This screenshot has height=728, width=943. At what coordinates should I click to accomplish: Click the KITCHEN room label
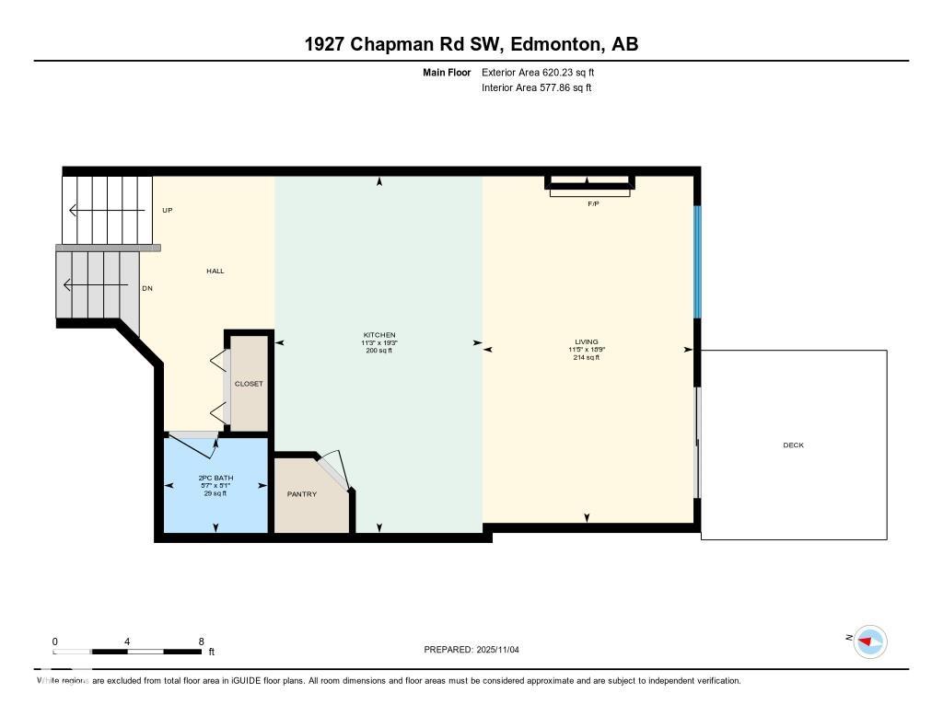click(x=379, y=335)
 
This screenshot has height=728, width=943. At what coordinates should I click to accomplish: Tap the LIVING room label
click(x=586, y=341)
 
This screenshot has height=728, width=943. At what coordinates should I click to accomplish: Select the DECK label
click(x=793, y=445)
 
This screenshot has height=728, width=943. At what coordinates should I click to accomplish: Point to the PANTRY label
click(x=302, y=494)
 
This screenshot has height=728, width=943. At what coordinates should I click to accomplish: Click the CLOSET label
click(x=249, y=384)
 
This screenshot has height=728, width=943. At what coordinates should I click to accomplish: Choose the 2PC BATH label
click(x=215, y=478)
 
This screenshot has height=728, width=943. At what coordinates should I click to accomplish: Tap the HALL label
click(x=215, y=271)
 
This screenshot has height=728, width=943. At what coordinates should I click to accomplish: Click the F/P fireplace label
click(x=593, y=203)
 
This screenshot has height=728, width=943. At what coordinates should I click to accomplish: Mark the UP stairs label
click(x=168, y=210)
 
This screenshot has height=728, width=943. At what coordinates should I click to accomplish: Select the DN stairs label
click(x=147, y=288)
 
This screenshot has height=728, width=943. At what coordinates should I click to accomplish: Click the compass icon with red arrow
click(x=869, y=641)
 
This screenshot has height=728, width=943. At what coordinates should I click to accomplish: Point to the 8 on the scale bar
click(x=201, y=641)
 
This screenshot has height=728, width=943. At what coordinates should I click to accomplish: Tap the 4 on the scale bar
click(x=127, y=641)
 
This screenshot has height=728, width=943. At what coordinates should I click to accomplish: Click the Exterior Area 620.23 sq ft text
click(x=531, y=72)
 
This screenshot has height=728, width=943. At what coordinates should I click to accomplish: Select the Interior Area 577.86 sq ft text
click(x=536, y=88)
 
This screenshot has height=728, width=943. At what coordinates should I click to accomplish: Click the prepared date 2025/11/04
click(x=503, y=650)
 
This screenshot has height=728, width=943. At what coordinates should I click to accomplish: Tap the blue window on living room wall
click(x=698, y=260)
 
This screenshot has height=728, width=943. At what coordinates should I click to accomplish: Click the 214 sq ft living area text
click(x=586, y=358)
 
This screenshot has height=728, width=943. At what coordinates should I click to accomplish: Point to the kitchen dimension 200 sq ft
click(x=379, y=351)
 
